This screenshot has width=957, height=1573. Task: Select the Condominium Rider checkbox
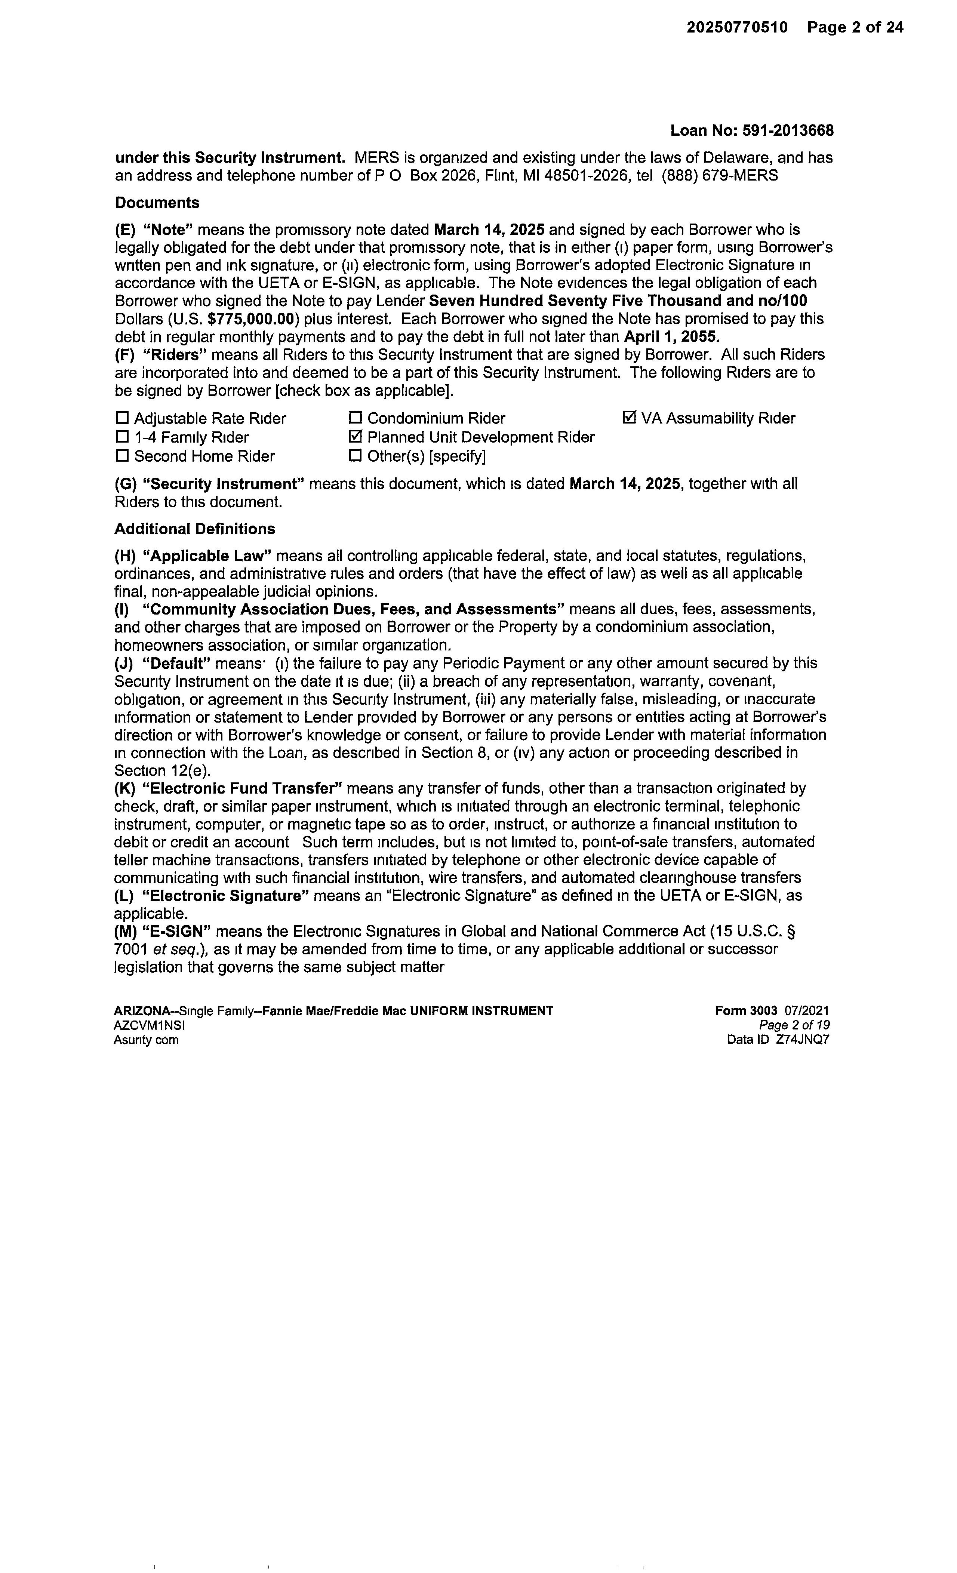click(356, 418)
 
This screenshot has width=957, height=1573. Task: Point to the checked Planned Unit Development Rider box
click(356, 437)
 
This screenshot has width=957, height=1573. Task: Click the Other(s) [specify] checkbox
click(356, 456)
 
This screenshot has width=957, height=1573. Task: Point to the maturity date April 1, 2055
click(669, 336)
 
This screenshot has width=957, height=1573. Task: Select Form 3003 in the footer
click(746, 1010)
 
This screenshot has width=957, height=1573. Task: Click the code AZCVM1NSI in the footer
click(150, 1025)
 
